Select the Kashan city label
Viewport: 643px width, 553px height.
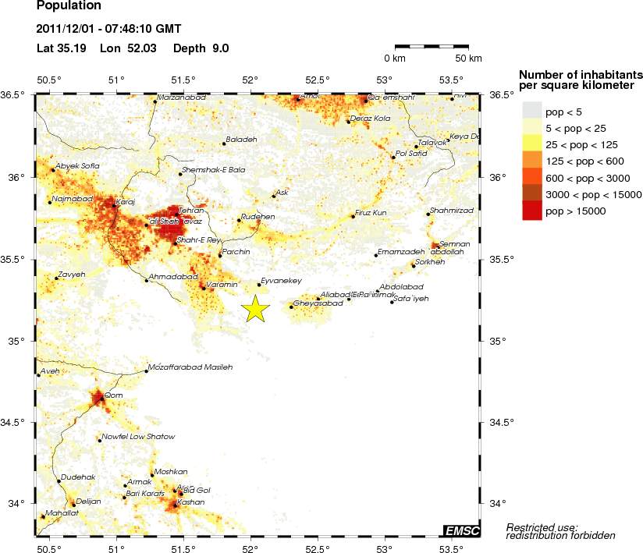click(x=191, y=502)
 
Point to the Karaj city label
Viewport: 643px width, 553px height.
click(x=126, y=202)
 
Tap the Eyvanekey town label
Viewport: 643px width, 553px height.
click(x=281, y=281)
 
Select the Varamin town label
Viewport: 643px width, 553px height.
click(x=222, y=285)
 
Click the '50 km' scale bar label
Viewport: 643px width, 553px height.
click(x=468, y=58)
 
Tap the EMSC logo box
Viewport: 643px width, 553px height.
click(x=461, y=531)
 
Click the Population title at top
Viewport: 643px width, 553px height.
click(x=69, y=5)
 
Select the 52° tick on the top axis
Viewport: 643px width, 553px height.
click(x=250, y=80)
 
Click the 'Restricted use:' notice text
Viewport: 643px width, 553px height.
click(x=542, y=527)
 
